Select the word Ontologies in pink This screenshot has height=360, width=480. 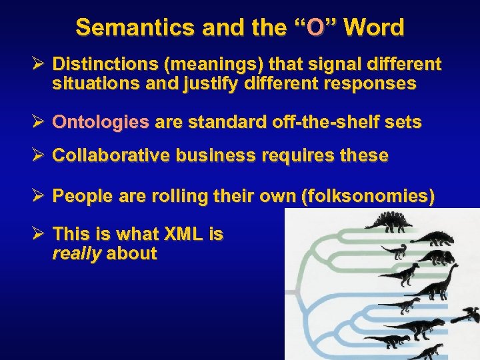pyautogui.click(x=101, y=122)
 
